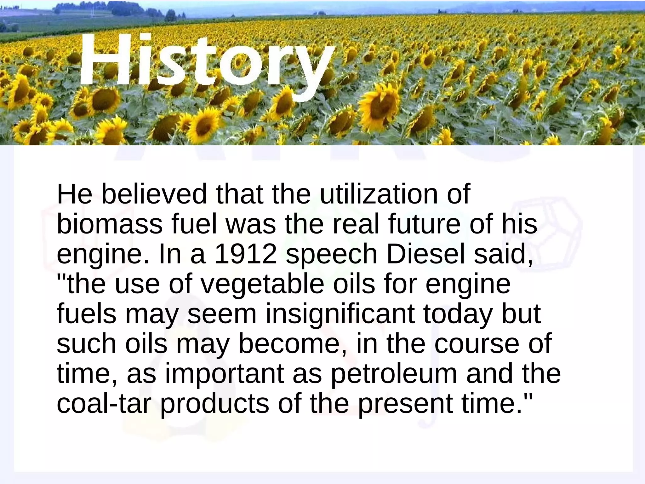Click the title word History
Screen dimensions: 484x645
[206, 63]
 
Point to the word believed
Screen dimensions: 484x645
[154, 194]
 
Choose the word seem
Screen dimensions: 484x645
[222, 314]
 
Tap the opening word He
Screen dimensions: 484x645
[74, 194]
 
